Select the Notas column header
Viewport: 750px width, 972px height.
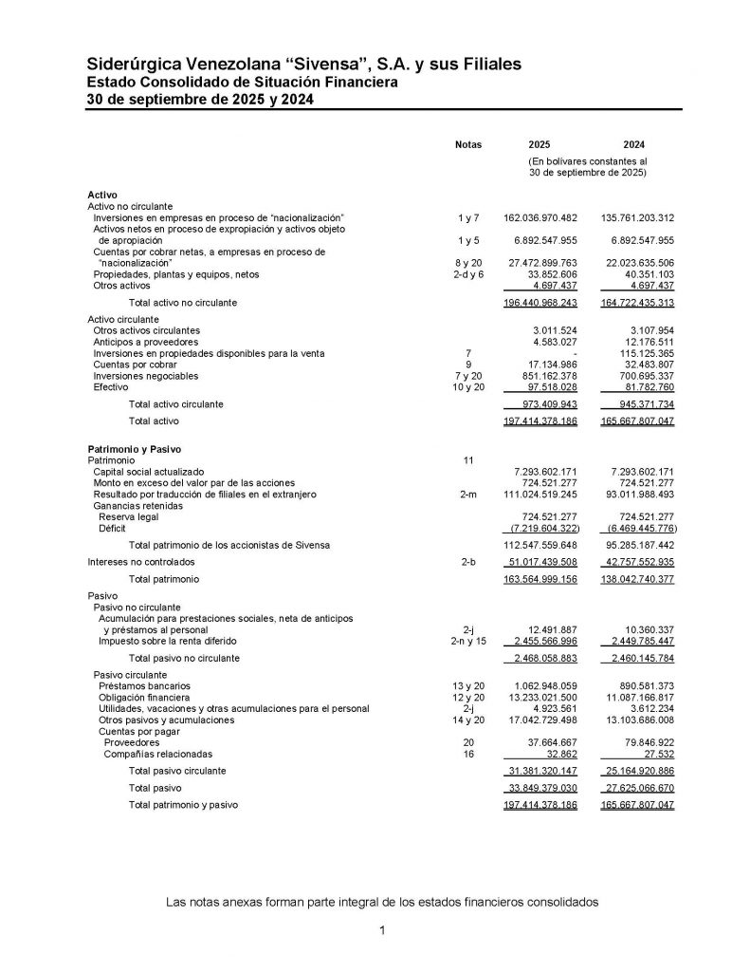[x=468, y=144]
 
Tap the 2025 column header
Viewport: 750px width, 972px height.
[x=539, y=144]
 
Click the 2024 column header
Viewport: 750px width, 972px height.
[x=634, y=144]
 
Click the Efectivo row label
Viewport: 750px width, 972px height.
[x=111, y=387]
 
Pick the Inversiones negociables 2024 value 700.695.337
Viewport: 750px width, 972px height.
[x=639, y=377]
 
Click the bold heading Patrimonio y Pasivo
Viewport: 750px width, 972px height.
[x=134, y=447]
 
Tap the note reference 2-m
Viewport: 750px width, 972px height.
[x=468, y=495]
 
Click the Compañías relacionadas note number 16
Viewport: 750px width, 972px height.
[x=468, y=754]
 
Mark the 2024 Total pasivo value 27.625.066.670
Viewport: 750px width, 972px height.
[x=636, y=788]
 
